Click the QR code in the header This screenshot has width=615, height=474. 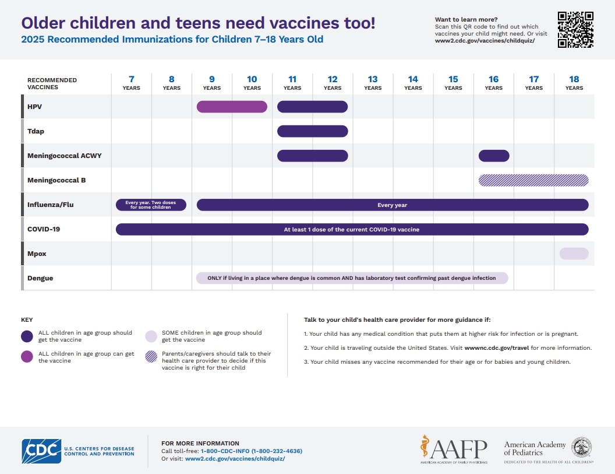tap(575, 30)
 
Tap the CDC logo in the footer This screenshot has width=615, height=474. tap(41, 451)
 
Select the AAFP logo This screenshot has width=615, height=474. tap(454, 448)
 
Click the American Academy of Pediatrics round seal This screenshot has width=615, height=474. tap(582, 448)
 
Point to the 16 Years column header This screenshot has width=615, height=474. tap(493, 83)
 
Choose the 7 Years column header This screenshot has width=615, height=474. tap(131, 83)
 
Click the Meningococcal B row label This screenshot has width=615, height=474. tap(56, 180)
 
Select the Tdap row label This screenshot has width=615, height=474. tap(36, 131)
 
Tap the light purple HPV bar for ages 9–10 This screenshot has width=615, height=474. tap(232, 107)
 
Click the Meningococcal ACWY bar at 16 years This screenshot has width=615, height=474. tap(494, 156)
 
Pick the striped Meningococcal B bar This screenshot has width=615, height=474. tap(533, 180)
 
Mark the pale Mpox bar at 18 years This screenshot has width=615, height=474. tap(574, 254)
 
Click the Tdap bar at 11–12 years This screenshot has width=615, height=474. tap(312, 131)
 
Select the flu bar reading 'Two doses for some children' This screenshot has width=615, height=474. tap(151, 205)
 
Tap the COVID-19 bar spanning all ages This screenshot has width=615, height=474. tap(352, 229)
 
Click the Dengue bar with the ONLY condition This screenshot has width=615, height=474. tap(352, 278)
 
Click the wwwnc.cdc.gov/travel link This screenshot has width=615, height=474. tap(496, 348)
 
